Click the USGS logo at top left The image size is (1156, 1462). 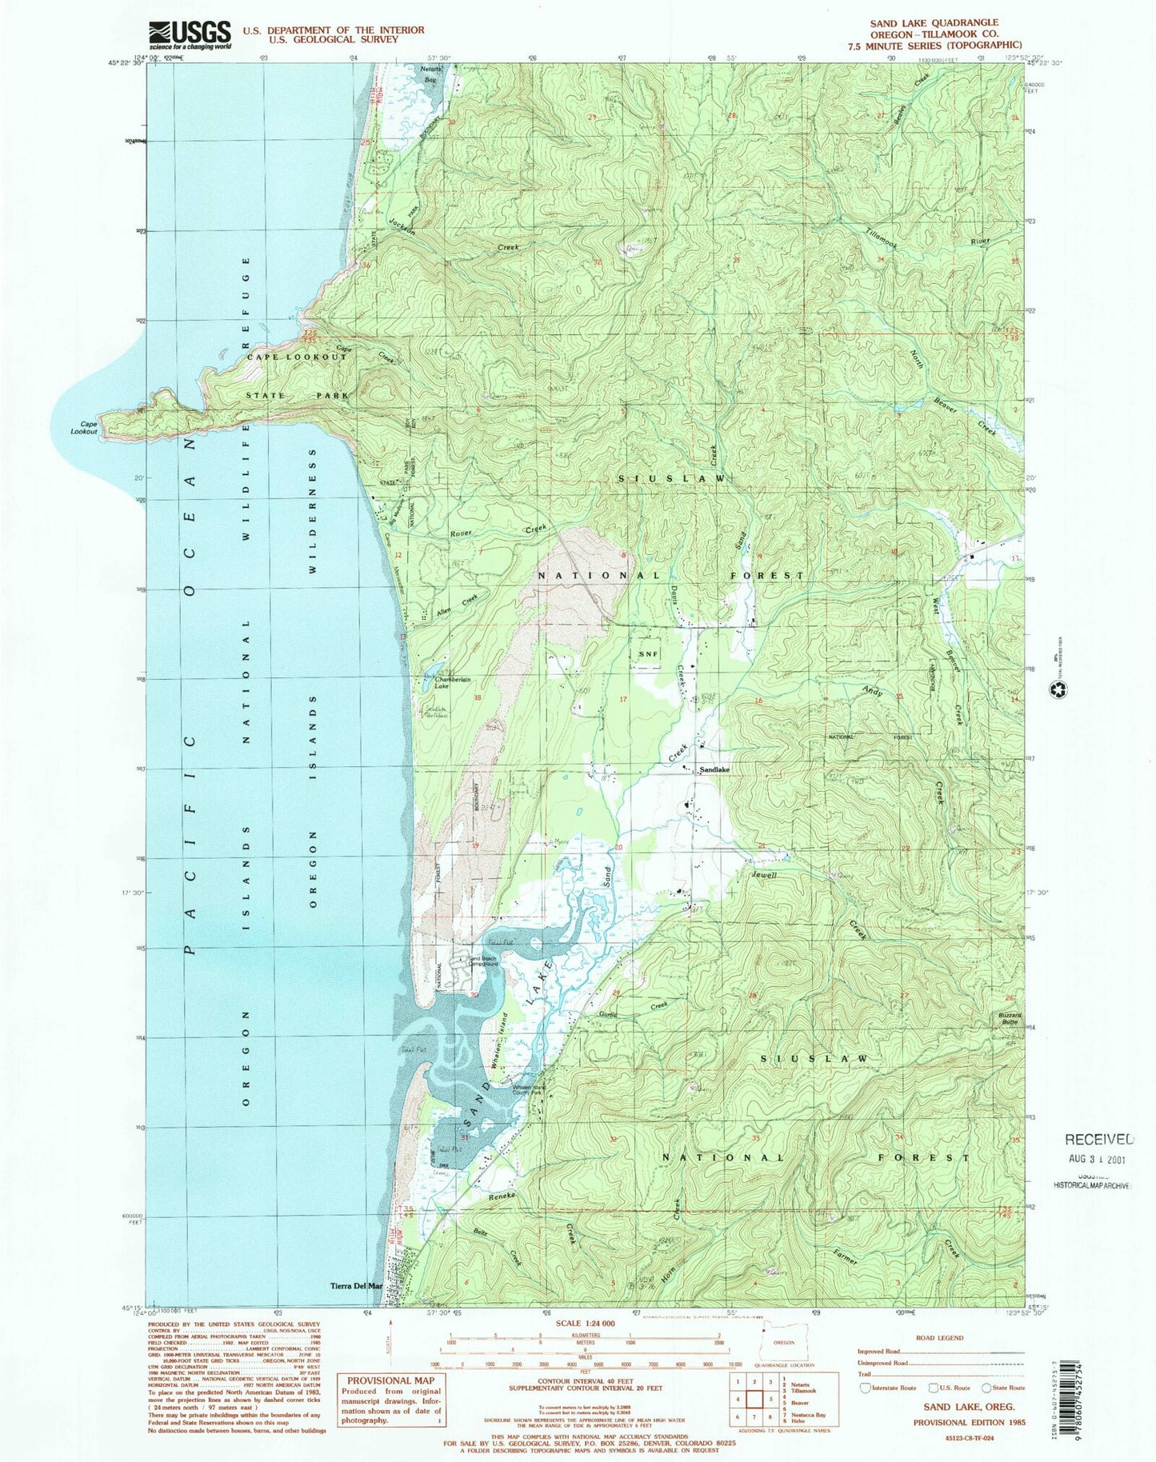[x=190, y=35]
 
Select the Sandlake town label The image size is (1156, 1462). [x=714, y=769]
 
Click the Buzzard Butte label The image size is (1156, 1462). [x=1009, y=1019]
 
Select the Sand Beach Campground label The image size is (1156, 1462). [x=484, y=961]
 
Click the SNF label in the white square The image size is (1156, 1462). [x=648, y=653]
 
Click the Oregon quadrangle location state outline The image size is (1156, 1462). [x=782, y=1342]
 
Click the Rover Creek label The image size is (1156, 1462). [x=464, y=533]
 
